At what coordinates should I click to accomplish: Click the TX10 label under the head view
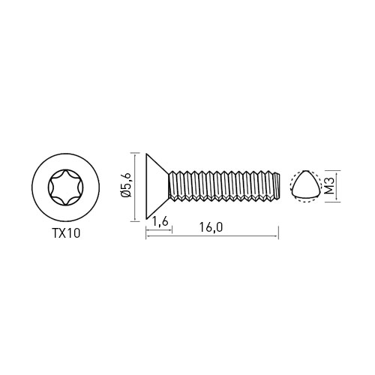click(66, 234)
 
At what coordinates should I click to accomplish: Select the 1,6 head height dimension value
click(159, 222)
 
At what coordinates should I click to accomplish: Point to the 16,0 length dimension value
click(211, 227)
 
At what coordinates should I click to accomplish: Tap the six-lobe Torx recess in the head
click(66, 187)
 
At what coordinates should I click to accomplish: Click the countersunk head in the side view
click(157, 187)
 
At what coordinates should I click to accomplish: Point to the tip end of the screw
click(277, 186)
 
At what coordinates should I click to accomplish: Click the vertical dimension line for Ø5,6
click(135, 187)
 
